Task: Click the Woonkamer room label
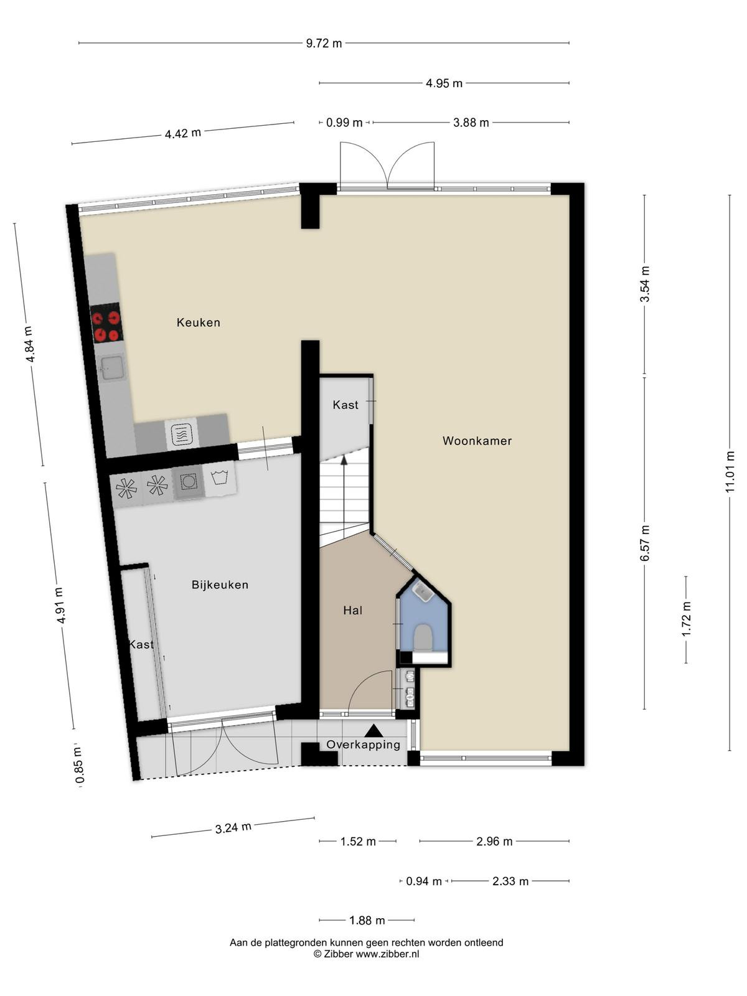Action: point(477,441)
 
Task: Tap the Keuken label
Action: point(198,322)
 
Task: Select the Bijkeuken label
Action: point(220,585)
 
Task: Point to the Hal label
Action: point(353,610)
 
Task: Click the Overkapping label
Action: point(364,745)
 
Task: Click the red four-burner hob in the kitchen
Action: point(106,326)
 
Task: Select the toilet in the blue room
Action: point(424,637)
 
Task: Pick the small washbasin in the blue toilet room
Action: point(424,592)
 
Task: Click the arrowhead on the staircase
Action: point(344,460)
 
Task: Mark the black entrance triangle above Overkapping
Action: point(374,730)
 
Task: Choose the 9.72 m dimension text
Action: point(324,44)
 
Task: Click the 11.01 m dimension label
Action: point(730,471)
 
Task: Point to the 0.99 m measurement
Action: point(344,123)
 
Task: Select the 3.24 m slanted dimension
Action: point(233,828)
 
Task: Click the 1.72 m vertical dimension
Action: point(686,619)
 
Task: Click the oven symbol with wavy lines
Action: point(181,435)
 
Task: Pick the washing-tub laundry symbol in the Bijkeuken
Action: point(220,478)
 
